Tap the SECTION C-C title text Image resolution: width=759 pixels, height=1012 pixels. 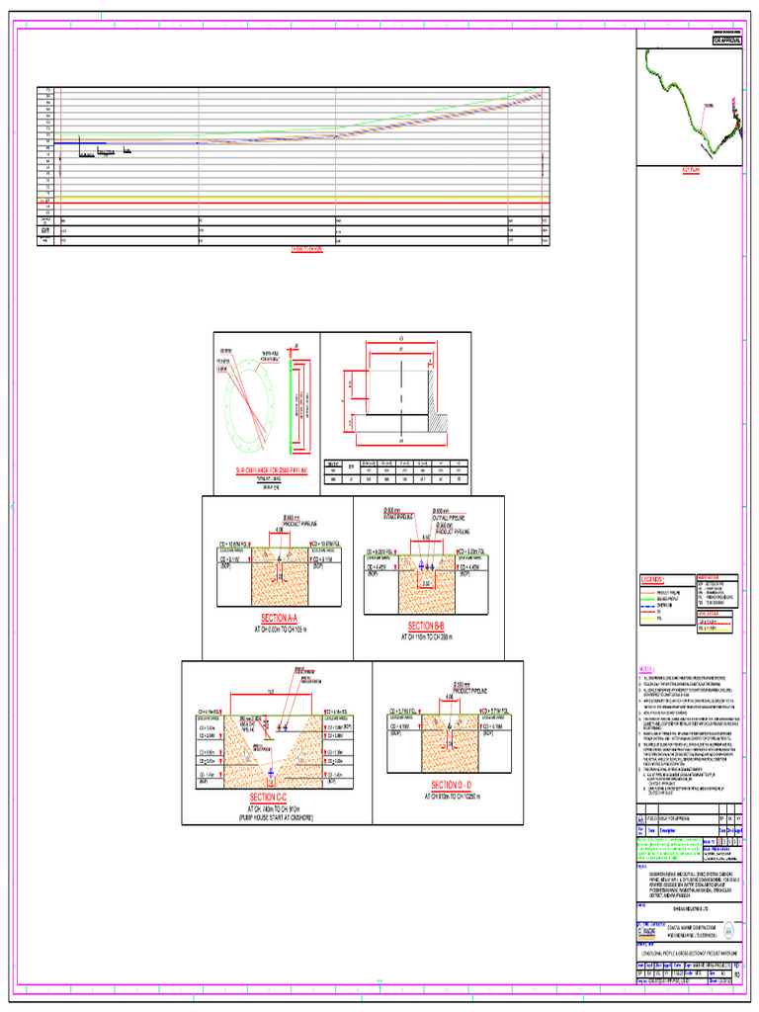tap(268, 797)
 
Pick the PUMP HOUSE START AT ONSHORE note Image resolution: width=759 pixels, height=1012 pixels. tap(268, 819)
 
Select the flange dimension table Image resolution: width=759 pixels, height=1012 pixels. tap(395, 470)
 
